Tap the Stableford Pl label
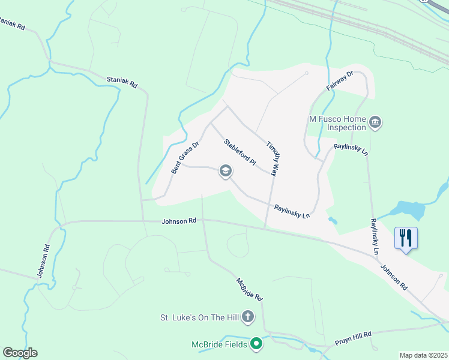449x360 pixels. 240,152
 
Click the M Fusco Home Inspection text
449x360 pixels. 337,123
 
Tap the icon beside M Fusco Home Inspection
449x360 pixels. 376,123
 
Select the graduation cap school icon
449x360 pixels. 226,172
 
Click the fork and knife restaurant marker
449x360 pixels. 406,238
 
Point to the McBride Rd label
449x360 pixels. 249,289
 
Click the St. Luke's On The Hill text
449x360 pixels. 199,317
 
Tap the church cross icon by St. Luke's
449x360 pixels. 247,317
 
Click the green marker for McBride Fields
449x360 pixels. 256,344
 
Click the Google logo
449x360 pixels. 20,353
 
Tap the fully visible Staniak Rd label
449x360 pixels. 122,82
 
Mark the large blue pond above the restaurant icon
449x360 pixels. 411,211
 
